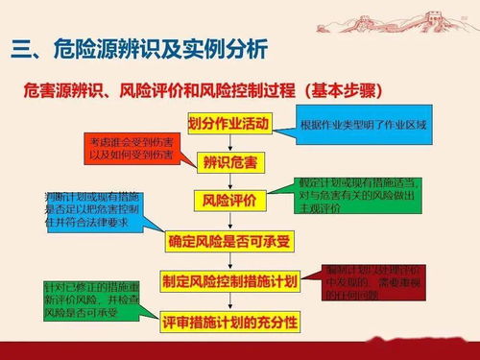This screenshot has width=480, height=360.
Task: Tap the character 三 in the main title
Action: (x=21, y=48)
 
